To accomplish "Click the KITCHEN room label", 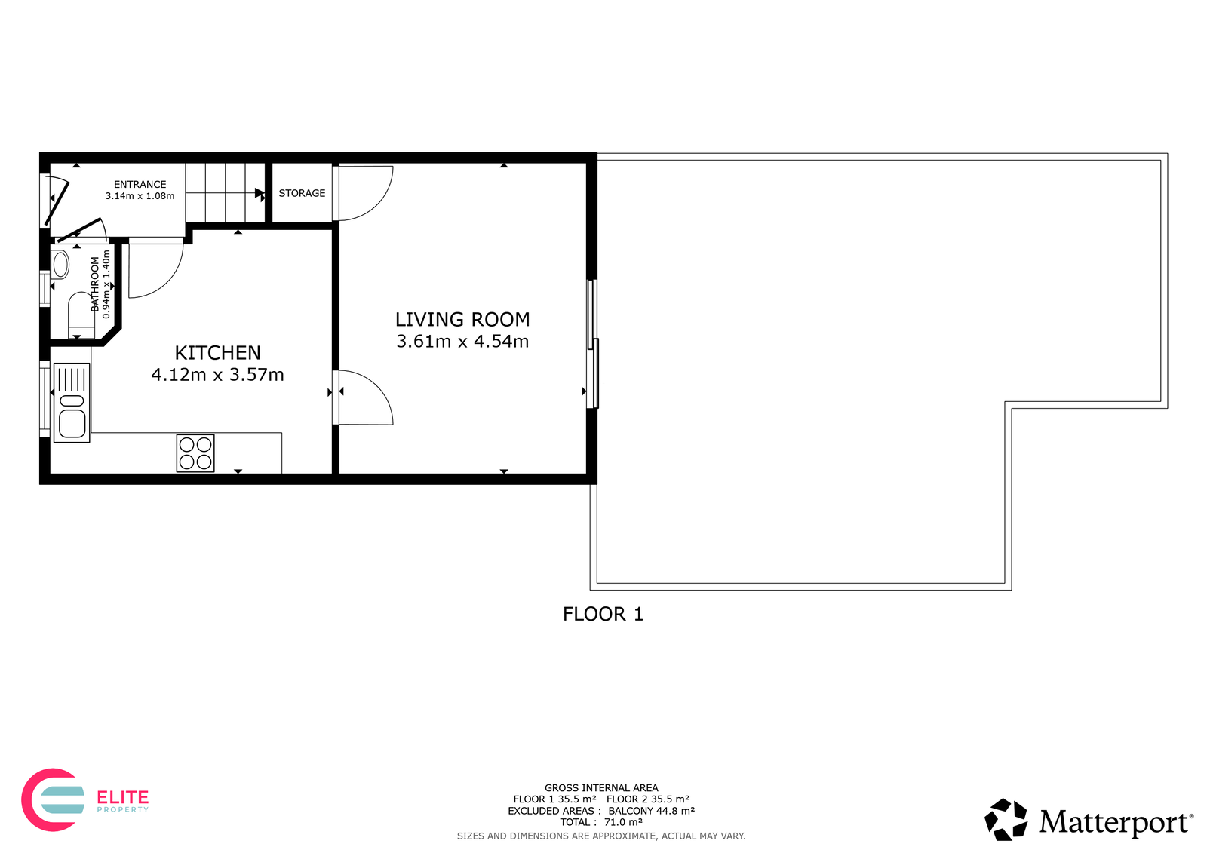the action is point(218,353).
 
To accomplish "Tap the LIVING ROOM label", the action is point(462,320).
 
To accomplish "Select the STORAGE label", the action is point(302,193).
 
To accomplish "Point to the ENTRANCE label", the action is point(140,184).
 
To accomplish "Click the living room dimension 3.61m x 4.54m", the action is point(462,342).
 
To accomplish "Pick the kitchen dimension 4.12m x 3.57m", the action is point(218,375).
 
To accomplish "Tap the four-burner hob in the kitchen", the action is point(195,453).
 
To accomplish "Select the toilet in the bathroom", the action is point(81,315).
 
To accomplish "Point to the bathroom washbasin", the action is point(60,265).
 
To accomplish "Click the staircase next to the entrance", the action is point(226,193).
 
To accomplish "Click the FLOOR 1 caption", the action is point(603,614).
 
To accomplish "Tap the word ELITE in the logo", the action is point(122,797).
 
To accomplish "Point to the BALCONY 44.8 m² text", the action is point(652,811).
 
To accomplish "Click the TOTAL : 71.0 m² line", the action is point(601,822).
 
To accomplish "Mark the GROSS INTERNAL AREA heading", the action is point(601,788).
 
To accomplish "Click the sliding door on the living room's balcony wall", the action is point(593,344).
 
